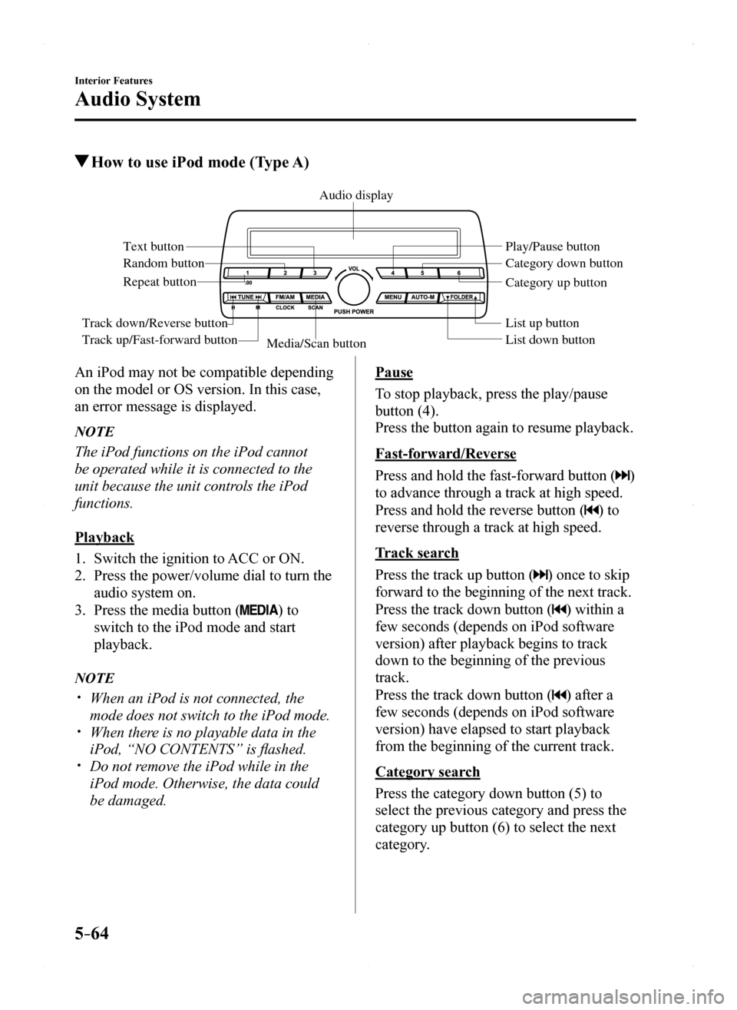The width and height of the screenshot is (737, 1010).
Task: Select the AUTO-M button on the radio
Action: (x=423, y=296)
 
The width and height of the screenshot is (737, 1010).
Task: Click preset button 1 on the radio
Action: (x=247, y=273)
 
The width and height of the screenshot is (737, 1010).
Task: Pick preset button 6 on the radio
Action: (x=458, y=273)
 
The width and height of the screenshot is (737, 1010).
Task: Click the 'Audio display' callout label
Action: (x=355, y=196)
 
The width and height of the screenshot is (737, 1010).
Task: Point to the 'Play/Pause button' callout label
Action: (x=552, y=247)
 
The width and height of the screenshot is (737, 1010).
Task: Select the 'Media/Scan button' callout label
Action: (x=316, y=344)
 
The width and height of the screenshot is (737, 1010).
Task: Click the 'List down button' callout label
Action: (x=550, y=339)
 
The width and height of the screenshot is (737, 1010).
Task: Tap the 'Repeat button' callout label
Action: (x=160, y=282)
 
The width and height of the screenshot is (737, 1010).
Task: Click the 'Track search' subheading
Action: (x=417, y=553)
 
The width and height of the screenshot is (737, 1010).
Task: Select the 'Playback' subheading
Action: (x=104, y=537)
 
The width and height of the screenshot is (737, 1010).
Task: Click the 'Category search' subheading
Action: (x=428, y=772)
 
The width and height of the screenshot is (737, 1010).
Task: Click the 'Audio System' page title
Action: (x=138, y=99)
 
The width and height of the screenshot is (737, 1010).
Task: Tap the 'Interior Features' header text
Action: (x=114, y=81)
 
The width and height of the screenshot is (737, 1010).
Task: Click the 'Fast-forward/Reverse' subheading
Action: (x=445, y=453)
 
